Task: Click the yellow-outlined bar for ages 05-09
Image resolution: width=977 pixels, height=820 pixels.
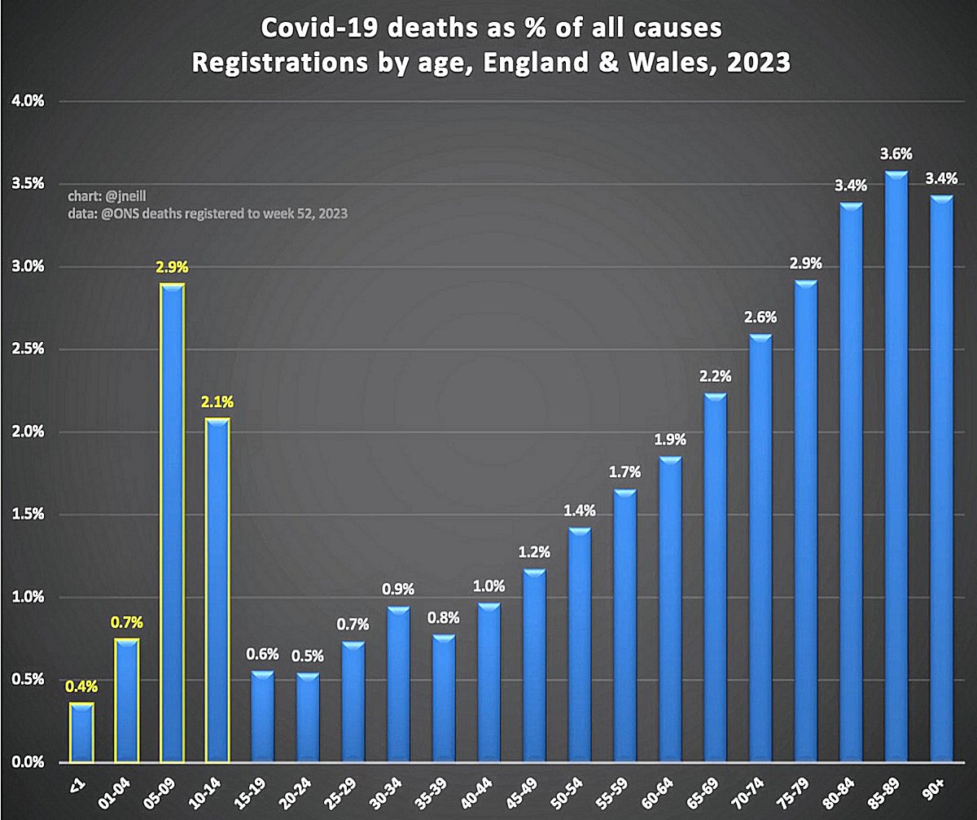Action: pos(172,521)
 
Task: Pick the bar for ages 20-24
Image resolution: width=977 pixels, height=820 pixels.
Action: pos(308,717)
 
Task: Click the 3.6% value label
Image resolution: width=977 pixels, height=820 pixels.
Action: pos(896,153)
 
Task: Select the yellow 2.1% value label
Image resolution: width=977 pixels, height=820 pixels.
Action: pos(217,401)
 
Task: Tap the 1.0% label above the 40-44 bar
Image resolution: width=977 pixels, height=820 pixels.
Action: pos(489,585)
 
